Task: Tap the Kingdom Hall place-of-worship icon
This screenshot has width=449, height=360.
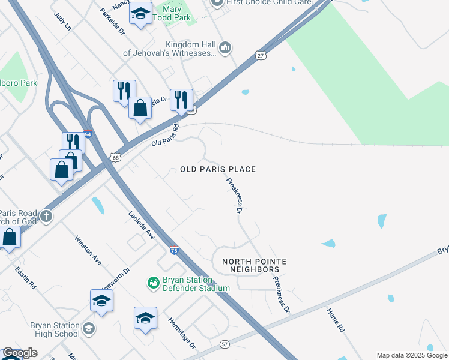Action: [226, 47]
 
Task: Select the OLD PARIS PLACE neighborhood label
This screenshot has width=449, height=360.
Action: [218, 170]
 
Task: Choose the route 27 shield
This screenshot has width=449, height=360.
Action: [261, 55]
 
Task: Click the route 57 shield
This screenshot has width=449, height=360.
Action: [224, 344]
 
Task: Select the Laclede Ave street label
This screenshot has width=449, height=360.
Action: [142, 225]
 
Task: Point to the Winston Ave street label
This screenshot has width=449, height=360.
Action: [88, 250]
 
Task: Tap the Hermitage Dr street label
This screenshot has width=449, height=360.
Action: [182, 333]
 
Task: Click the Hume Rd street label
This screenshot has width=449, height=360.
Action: [335, 320]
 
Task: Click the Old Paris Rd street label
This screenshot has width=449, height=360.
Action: [166, 136]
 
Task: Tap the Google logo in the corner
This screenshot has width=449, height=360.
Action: [19, 353]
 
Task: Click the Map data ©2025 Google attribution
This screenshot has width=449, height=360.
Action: [412, 355]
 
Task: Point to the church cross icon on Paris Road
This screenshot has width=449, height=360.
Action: [45, 215]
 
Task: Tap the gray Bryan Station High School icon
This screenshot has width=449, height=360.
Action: [89, 328]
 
